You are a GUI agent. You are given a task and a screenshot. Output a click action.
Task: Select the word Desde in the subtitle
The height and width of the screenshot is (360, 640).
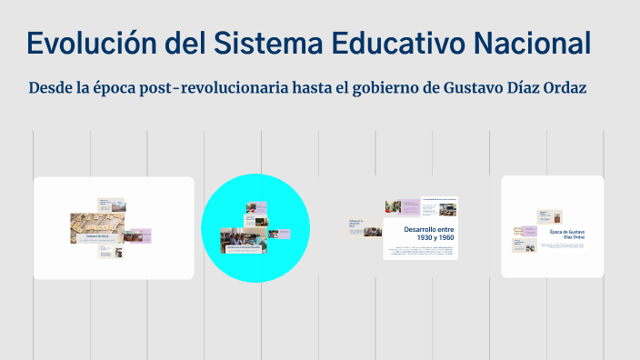[x=49, y=88]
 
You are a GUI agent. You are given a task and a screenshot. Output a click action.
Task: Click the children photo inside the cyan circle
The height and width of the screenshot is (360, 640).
[x=244, y=238]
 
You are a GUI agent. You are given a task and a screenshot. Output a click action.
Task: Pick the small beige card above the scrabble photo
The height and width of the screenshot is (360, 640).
[x=104, y=203]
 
